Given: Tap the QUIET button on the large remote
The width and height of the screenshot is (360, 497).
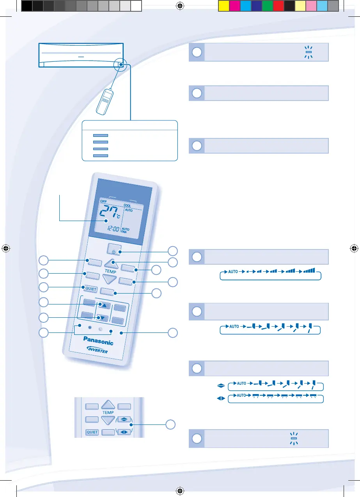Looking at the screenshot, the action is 89,289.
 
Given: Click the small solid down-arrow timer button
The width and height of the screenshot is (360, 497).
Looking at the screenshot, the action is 101,317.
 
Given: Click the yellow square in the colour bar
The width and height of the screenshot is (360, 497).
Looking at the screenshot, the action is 223,5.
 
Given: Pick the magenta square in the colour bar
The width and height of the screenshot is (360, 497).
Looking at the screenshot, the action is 234,5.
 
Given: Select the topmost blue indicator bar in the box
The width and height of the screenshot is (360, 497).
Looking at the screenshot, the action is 100,135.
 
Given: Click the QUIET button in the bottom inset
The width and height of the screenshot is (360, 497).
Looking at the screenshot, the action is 92,432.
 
